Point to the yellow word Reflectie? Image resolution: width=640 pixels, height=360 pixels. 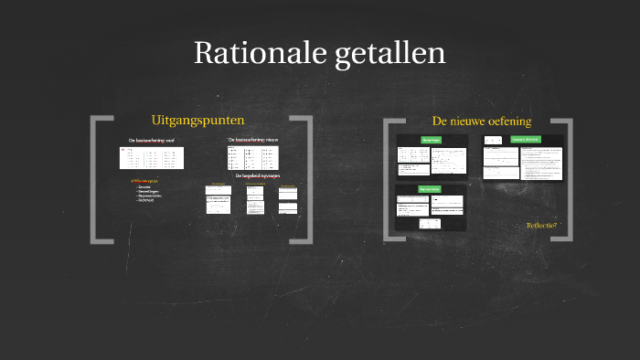[x=541, y=226]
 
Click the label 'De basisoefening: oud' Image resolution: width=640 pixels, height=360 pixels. [x=151, y=140]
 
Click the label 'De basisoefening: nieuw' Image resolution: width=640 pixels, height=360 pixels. [x=252, y=140]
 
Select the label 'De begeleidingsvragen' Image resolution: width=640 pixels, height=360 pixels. [x=257, y=175]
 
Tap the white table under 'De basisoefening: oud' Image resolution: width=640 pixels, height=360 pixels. [x=151, y=157]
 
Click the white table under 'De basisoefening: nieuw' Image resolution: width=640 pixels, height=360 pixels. [x=251, y=157]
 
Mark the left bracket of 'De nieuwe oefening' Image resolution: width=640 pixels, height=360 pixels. [x=391, y=179]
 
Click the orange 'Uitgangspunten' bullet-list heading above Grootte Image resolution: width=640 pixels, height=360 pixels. [x=146, y=181]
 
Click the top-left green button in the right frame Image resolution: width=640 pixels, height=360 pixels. [x=431, y=140]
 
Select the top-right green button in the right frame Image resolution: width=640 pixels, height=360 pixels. [x=526, y=139]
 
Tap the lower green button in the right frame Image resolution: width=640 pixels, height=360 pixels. [x=430, y=189]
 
